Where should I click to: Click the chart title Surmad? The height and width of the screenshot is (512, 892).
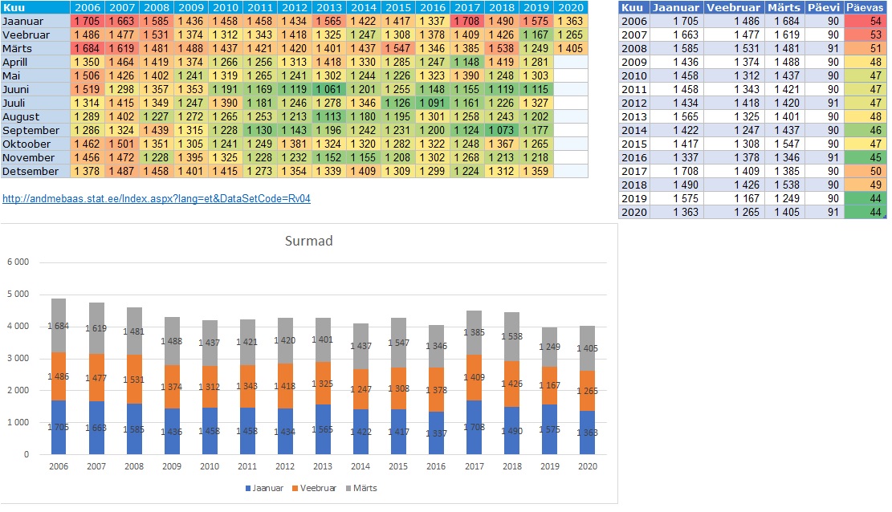(309, 241)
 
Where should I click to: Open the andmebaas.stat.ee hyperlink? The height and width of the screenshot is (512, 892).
(157, 198)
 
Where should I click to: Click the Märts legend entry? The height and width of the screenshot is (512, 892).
(363, 488)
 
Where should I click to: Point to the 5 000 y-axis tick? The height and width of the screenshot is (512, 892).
(17, 295)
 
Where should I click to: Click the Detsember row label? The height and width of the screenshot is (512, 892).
(31, 171)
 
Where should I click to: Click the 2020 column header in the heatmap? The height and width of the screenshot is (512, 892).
(570, 7)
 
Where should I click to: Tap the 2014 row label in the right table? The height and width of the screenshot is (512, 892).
(634, 130)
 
